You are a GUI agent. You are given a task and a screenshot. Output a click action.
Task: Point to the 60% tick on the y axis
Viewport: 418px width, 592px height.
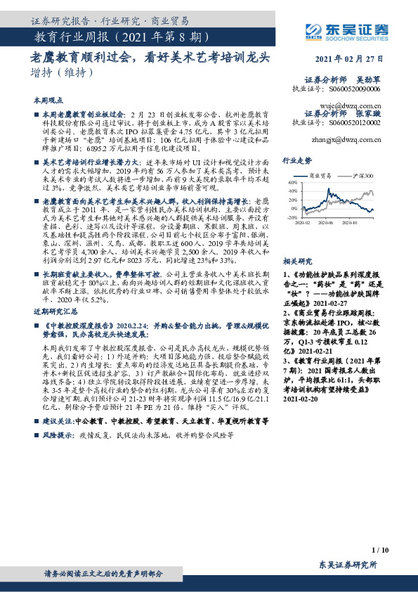coord(290,182)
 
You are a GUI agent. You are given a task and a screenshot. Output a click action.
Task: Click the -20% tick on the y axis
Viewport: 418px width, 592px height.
coord(289,218)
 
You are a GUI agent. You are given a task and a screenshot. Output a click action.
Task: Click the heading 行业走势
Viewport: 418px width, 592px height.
coord(296,161)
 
